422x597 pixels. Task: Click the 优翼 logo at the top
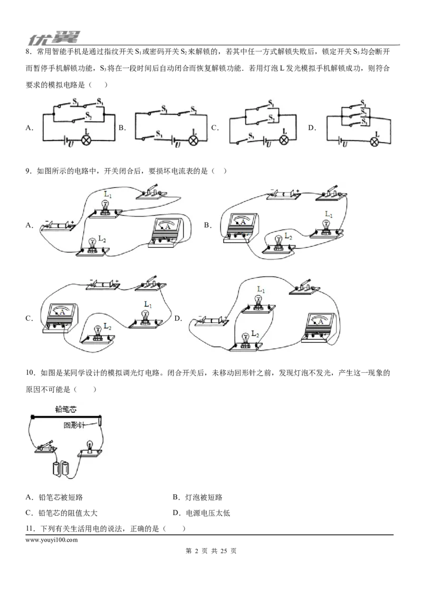pyautogui.click(x=54, y=38)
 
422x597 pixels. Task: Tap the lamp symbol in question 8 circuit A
pyautogui.click(x=87, y=140)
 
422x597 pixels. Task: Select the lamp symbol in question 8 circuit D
pyautogui.click(x=375, y=142)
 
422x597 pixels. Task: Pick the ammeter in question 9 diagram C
pyautogui.click(x=60, y=319)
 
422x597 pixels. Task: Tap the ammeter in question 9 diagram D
pyautogui.click(x=319, y=328)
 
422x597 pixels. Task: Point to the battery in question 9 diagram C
pyautogui.click(x=103, y=284)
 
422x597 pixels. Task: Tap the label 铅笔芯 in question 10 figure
pyautogui.click(x=66, y=409)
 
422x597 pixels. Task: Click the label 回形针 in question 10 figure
pyautogui.click(x=74, y=425)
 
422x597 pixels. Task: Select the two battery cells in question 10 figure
pyautogui.click(x=61, y=468)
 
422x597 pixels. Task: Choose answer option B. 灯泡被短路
pyautogui.click(x=197, y=497)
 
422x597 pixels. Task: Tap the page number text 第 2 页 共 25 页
pyautogui.click(x=211, y=551)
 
